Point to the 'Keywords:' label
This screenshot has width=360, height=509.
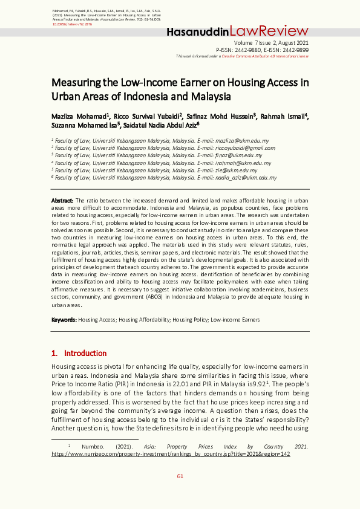(x=64, y=319)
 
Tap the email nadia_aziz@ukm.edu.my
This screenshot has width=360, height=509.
(x=250, y=178)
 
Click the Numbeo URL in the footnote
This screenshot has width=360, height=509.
(x=171, y=453)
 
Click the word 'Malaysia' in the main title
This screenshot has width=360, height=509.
(x=208, y=96)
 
